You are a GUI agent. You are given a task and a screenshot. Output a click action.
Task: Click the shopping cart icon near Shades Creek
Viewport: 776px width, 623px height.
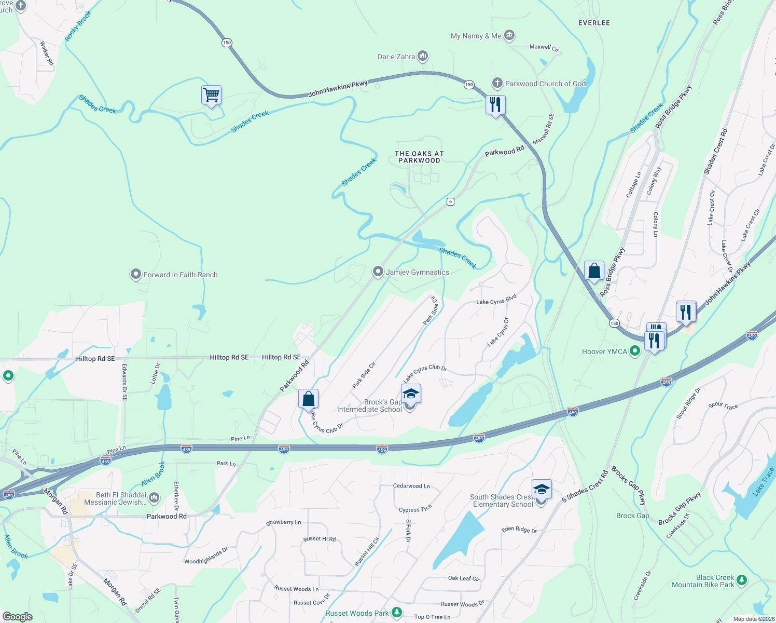coord(211,96)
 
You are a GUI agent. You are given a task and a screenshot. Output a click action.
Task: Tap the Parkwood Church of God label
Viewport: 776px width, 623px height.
coord(545,84)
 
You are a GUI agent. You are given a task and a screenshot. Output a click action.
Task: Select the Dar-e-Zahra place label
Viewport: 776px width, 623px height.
coord(396,57)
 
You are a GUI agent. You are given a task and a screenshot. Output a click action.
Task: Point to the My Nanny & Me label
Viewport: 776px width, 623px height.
coord(476,36)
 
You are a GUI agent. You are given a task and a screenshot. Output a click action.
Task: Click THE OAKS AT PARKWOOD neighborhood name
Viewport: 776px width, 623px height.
coord(419,157)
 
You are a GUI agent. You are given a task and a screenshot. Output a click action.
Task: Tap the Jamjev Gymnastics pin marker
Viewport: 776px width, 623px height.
coord(378,272)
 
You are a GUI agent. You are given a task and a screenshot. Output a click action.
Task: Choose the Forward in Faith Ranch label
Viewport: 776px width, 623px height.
coord(180,275)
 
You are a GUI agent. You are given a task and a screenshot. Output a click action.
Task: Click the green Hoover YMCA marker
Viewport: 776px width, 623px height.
coord(634,351)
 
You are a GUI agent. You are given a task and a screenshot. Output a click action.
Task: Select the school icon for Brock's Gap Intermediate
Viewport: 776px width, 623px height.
coord(411,394)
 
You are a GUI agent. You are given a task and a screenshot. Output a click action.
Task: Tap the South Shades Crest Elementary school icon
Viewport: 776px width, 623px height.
coord(541,490)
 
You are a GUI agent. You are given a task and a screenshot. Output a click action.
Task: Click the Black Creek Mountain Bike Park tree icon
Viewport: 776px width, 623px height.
coord(742,580)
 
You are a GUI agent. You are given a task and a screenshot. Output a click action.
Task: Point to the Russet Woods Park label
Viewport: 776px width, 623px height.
coord(357,613)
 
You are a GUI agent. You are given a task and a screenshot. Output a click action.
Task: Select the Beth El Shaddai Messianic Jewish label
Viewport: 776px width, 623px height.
coord(121,498)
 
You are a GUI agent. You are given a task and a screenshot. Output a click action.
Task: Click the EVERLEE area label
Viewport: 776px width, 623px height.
coord(594,23)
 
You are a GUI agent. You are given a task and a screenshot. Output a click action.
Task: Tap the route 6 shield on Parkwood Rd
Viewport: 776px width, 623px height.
coord(451,201)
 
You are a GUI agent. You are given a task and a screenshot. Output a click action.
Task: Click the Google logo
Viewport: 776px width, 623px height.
coord(17,616)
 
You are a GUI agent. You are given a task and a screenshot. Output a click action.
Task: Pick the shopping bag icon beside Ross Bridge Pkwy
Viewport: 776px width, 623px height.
coord(594,271)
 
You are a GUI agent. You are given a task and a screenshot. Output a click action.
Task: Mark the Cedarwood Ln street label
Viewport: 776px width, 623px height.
coord(411,486)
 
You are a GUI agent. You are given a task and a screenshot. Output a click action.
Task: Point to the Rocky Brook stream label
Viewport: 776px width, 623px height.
coord(78,26)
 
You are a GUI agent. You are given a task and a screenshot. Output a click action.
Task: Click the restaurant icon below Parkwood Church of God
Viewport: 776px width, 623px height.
coord(495,105)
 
